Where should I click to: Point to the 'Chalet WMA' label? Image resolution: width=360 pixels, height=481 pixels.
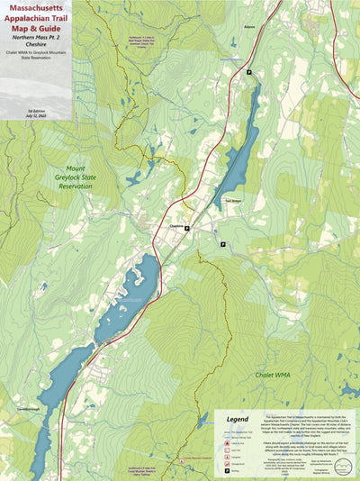point(275,375)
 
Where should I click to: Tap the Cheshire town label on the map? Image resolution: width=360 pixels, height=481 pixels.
point(175,227)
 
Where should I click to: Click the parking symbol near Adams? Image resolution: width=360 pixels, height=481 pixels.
point(249,72)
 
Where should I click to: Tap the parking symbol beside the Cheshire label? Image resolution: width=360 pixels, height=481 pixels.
point(186,229)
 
